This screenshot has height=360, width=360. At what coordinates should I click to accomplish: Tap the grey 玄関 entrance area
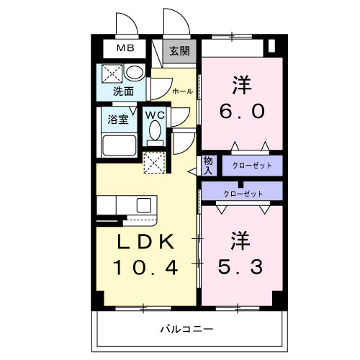coord(179,51)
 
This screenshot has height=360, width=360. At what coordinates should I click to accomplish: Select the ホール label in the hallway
coord(181,91)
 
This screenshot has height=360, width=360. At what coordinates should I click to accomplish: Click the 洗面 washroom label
coord(123,91)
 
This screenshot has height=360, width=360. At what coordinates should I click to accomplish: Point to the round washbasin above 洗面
coord(134,73)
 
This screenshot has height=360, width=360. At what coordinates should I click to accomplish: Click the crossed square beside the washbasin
coord(112,73)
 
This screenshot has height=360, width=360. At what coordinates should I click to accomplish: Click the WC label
coord(155,115)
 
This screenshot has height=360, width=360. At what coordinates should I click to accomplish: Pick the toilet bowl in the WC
coord(155,132)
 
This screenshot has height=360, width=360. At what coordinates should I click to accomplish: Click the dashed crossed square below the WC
coord(154,163)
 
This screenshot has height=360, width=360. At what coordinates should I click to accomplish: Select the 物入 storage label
coord(207,166)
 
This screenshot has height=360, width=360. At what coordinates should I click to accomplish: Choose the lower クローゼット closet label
coord(243,193)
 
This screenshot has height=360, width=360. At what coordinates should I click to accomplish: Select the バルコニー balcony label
coord(186,329)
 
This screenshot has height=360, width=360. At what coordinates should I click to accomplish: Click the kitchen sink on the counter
coord(143,204)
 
